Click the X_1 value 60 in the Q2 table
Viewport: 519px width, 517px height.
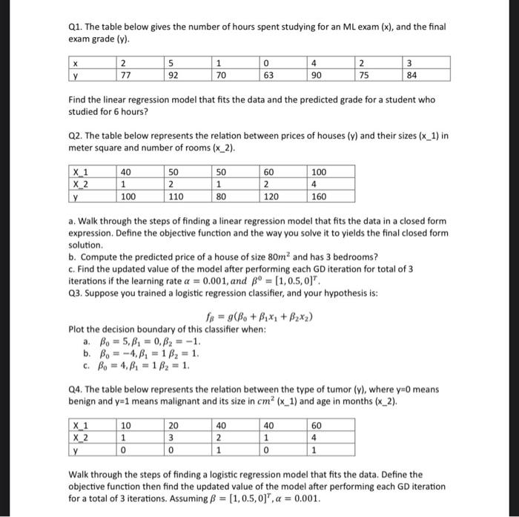271,171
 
